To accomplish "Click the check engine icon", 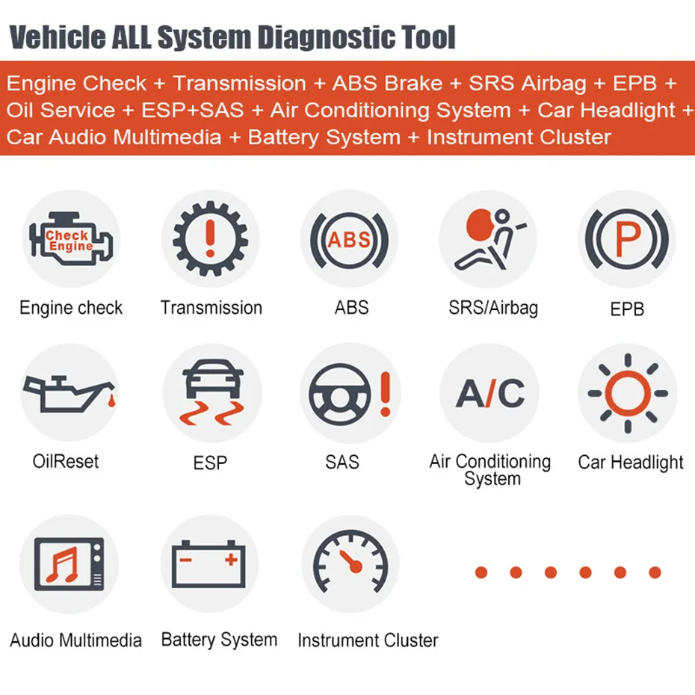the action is (x=71, y=238).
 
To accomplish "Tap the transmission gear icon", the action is (x=210, y=238).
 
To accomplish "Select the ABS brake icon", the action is (x=350, y=240).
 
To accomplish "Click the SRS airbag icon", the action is (x=489, y=238).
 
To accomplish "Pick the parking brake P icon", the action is (x=627, y=239).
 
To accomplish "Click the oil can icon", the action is (x=69, y=394).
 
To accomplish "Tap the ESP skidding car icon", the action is (x=212, y=392).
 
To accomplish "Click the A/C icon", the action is (x=490, y=393).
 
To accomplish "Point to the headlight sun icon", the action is (x=628, y=393).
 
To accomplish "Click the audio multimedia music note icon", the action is (x=69, y=563).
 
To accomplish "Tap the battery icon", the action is (x=208, y=563).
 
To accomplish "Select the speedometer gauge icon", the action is (x=350, y=563).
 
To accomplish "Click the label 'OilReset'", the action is (x=66, y=461).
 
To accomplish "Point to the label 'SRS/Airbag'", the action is (x=493, y=308).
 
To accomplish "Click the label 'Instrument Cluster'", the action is (x=368, y=640).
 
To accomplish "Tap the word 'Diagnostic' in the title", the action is (x=327, y=37).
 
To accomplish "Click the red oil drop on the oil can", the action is (x=111, y=401).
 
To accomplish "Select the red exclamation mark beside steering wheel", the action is (x=386, y=394).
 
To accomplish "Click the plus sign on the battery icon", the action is (x=231, y=560).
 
